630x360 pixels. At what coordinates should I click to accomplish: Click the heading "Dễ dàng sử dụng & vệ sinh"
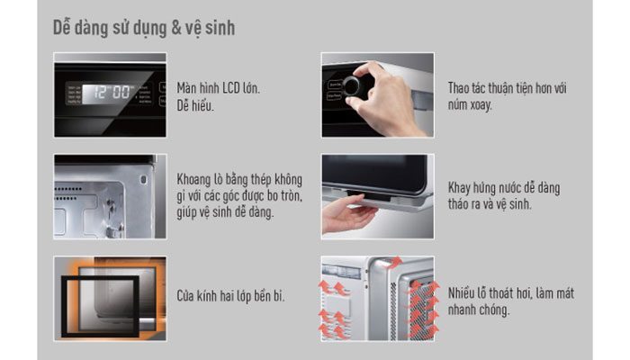(144, 29)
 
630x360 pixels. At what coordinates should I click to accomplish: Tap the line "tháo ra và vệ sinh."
(490, 205)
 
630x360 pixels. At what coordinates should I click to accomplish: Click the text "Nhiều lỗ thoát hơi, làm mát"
(511, 292)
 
